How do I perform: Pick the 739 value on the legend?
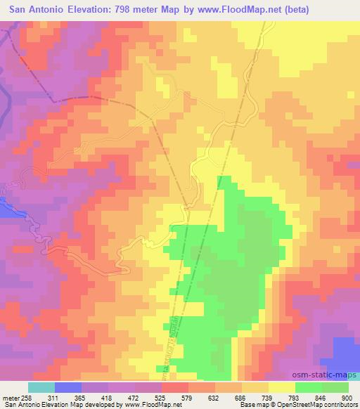coord(266,398)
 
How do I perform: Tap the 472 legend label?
coord(137,398)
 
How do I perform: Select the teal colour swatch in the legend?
coord(41,388)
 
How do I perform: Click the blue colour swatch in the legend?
coord(67,388)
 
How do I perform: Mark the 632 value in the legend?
coord(214,398)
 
